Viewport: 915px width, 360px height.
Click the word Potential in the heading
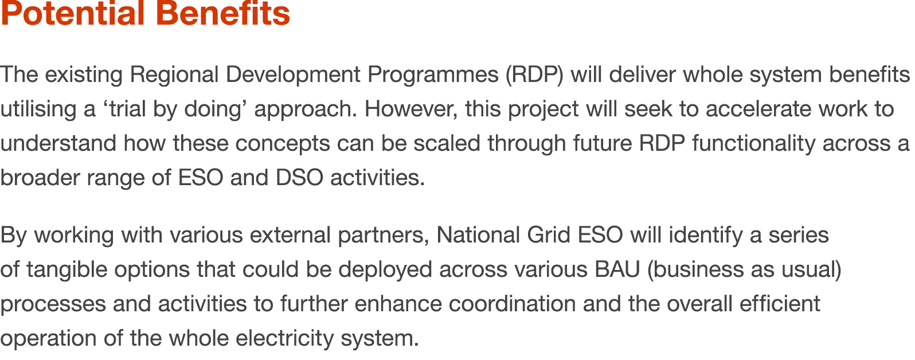pos(72,14)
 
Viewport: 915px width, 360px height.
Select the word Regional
pos(174,75)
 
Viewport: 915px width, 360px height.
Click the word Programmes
pos(433,75)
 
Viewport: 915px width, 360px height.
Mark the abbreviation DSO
pos(299,178)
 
